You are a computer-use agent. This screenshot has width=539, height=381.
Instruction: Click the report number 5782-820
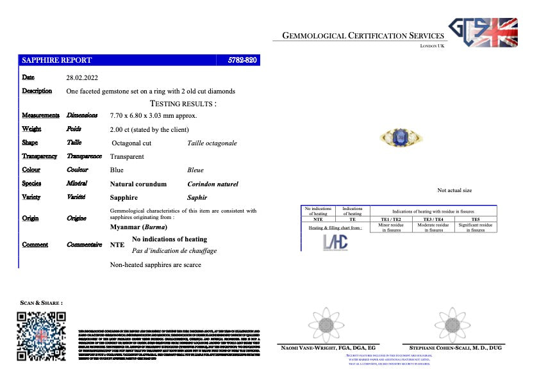click(x=243, y=60)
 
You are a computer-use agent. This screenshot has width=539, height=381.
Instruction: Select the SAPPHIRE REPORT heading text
click(x=57, y=60)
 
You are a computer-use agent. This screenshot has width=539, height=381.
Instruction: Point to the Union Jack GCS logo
click(x=483, y=32)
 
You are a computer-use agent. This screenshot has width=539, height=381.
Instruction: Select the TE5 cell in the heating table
click(x=475, y=219)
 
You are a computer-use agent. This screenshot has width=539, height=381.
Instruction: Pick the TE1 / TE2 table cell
click(x=390, y=219)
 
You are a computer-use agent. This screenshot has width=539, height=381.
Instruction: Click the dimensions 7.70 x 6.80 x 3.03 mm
click(x=153, y=115)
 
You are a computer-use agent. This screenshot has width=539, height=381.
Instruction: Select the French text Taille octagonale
click(x=212, y=143)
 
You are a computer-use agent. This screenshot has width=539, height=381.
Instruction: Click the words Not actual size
click(x=454, y=190)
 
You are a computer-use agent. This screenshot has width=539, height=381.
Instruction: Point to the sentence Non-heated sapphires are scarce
click(x=156, y=264)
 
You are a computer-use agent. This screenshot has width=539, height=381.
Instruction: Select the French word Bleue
click(x=195, y=170)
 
